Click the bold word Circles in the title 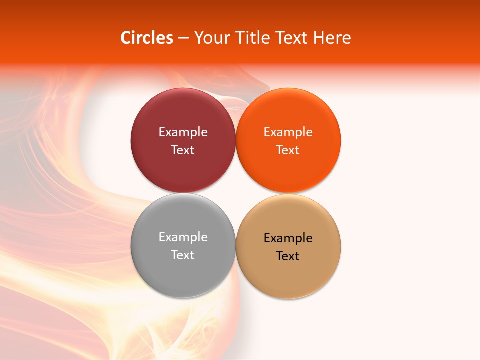[147, 38]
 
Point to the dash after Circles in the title [183, 38]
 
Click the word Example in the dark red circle [183, 132]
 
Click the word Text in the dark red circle [183, 150]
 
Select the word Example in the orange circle [288, 132]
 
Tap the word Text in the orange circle [288, 150]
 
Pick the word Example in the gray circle [183, 237]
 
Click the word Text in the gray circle [183, 255]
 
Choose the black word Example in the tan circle [288, 238]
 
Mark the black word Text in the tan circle [288, 256]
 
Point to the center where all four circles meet [235, 193]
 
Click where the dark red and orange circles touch [235, 140]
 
